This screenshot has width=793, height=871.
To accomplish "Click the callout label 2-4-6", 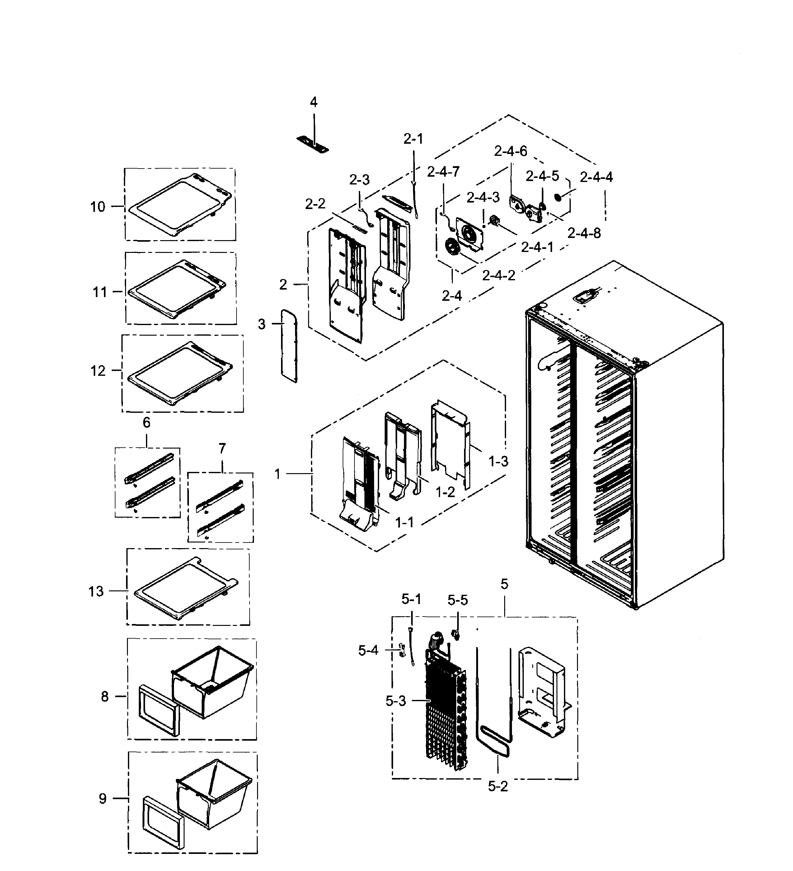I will point(510,151).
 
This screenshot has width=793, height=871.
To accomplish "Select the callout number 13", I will point(96,591).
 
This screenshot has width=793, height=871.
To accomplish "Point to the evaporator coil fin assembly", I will point(445,717).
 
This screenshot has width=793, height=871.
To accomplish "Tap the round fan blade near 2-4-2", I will point(452,248).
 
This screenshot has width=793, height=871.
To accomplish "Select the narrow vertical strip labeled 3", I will point(289,346).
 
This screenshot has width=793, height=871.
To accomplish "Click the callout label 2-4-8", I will point(584,233).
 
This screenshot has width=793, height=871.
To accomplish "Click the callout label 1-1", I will point(405,523).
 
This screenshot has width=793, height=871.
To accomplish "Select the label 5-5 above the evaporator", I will point(457,600).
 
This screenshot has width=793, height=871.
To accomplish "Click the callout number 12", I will point(98,371).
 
